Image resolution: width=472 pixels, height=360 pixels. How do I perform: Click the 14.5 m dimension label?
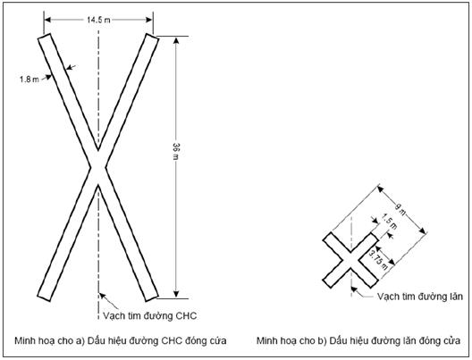pyautogui.click(x=98, y=20)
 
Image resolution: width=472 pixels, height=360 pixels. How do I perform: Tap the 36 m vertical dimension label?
pyautogui.click(x=176, y=151)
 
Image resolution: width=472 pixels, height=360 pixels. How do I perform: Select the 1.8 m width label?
pyautogui.click(x=29, y=80)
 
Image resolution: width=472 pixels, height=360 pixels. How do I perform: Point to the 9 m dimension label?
pyautogui.click(x=400, y=209)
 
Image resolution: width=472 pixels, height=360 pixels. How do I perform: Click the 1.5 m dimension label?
pyautogui.click(x=390, y=222)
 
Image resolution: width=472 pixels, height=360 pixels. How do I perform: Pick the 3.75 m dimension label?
pyautogui.click(x=378, y=260)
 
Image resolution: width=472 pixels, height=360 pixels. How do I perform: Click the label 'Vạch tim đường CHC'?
pyautogui.click(x=149, y=316)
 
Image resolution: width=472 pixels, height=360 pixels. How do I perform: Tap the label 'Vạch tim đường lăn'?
pyautogui.click(x=419, y=297)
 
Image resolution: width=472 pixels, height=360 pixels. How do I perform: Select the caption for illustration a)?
pyautogui.click(x=121, y=340)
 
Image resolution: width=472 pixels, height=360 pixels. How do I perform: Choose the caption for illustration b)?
pyautogui.click(x=358, y=340)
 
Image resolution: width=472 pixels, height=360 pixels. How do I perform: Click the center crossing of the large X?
pyautogui.click(x=98, y=168)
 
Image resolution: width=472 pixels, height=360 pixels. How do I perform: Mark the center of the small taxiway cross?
pyautogui.click(x=350, y=260)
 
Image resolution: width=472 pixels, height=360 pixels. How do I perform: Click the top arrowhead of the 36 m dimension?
pyautogui.click(x=176, y=39)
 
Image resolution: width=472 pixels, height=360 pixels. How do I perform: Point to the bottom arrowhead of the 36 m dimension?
pyautogui.click(x=176, y=295)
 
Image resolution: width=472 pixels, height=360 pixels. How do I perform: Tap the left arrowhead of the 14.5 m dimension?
pyautogui.click(x=47, y=20)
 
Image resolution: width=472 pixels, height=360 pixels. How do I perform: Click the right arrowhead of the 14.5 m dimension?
pyautogui.click(x=149, y=20)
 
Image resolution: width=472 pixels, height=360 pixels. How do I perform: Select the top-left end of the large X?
pyautogui.click(x=45, y=36)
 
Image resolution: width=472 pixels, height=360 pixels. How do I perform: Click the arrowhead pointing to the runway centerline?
pyautogui.click(x=102, y=296)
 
